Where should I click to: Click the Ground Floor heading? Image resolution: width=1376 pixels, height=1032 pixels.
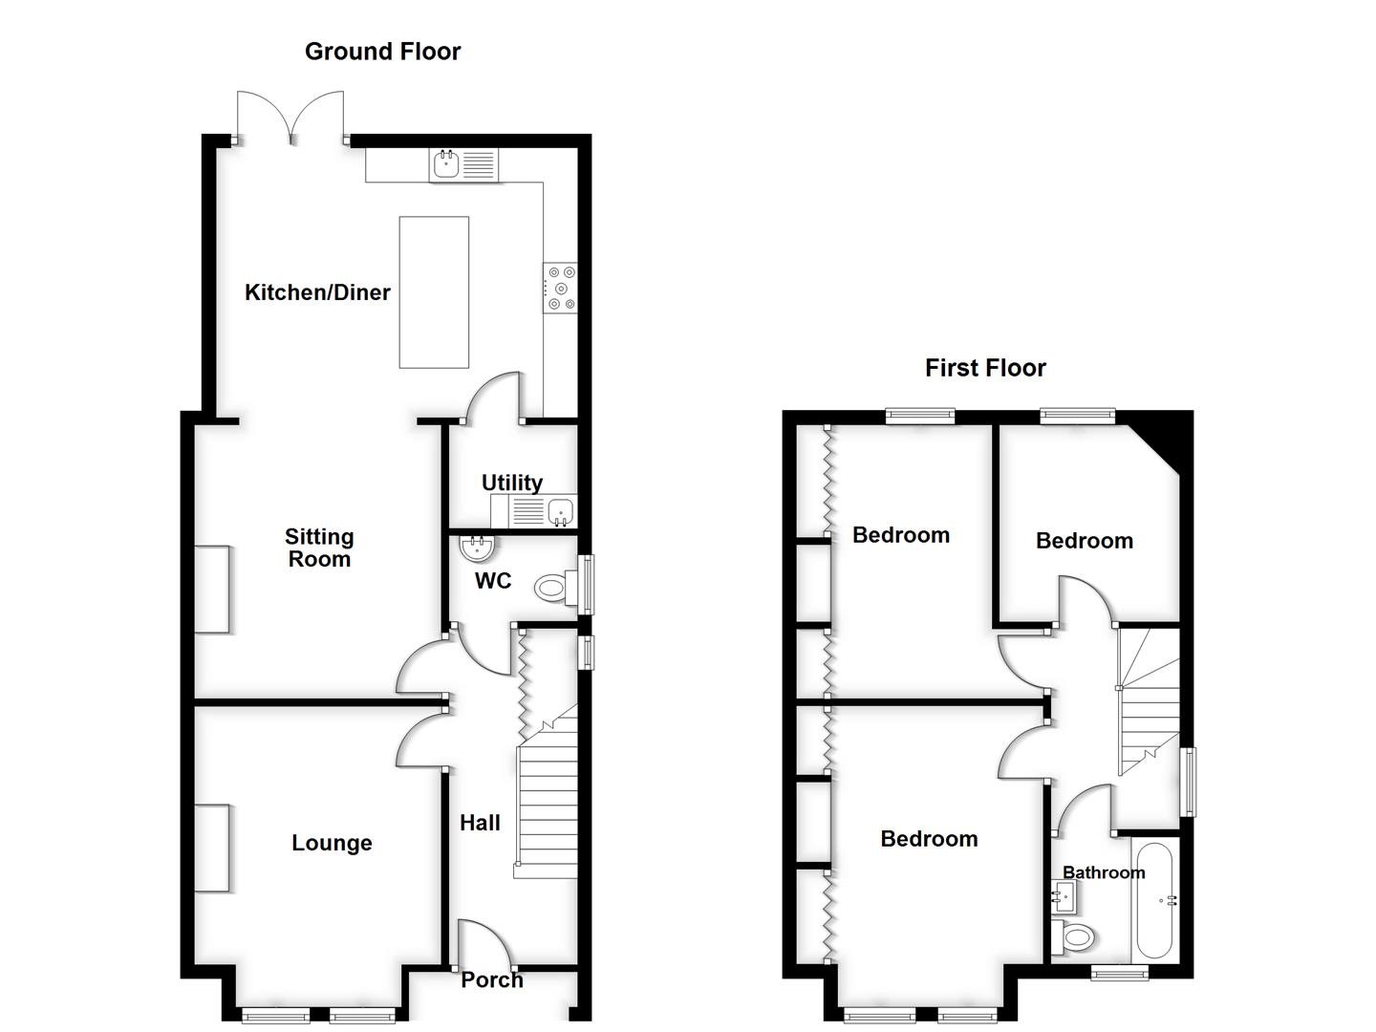(382, 52)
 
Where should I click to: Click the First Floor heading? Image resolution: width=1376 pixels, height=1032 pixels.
(985, 368)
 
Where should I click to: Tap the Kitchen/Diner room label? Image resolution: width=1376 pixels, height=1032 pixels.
(317, 292)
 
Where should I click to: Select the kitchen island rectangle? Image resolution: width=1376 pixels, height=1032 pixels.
(434, 291)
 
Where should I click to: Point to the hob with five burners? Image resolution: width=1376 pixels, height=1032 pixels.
(560, 289)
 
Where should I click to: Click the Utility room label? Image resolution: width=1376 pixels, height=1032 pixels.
(512, 483)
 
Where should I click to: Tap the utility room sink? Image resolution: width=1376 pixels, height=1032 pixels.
(561, 511)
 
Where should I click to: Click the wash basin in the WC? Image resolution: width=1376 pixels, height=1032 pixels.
(476, 548)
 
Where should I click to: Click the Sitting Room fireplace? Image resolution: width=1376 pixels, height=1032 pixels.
(212, 589)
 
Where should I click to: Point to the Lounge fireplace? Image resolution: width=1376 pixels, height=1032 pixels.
(212, 848)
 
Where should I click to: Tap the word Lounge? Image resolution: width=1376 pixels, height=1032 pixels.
(332, 843)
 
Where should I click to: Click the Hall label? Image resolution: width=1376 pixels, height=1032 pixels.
(480, 823)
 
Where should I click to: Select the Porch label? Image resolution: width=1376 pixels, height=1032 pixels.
(492, 979)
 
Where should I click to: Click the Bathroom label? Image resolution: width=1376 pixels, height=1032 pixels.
(1104, 872)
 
